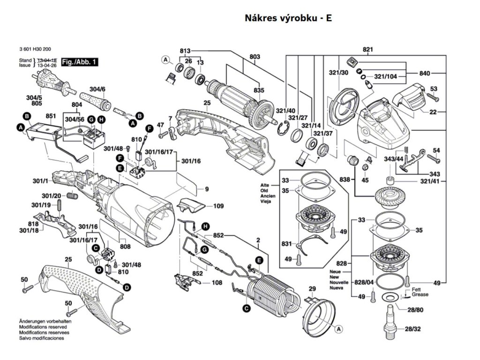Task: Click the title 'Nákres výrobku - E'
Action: click(x=288, y=18)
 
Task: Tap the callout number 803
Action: click(x=255, y=57)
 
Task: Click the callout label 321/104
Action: click(x=385, y=76)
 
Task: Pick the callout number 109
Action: click(x=218, y=205)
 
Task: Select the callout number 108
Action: click(x=217, y=283)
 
